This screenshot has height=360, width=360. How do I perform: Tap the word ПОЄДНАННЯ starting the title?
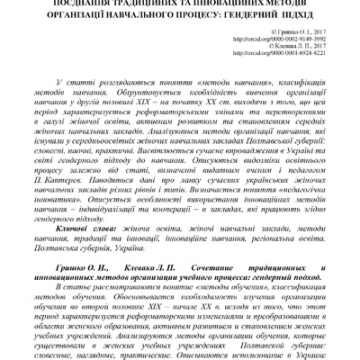coord(58,3)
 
